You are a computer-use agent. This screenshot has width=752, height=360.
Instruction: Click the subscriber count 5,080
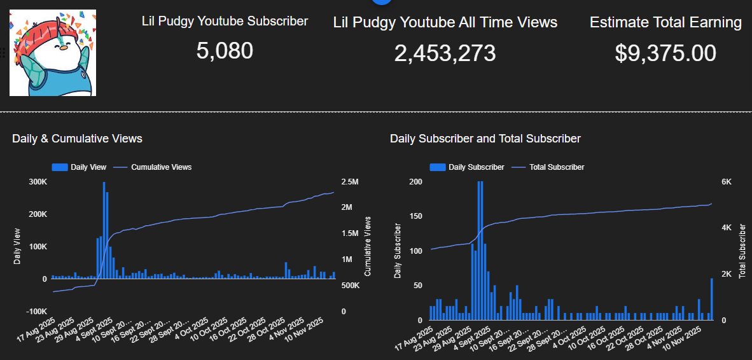pyautogui.click(x=225, y=51)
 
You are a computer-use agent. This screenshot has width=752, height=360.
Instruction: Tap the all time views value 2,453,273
pyautogui.click(x=445, y=53)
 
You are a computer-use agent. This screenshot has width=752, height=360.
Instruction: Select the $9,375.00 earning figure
pyautogui.click(x=665, y=53)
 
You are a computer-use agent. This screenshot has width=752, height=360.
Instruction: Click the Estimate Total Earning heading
pyautogui.click(x=665, y=23)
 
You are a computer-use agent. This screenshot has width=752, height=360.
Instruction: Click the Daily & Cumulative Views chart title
pyautogui.click(x=77, y=138)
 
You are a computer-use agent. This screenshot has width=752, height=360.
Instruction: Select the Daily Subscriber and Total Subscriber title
pyautogui.click(x=485, y=138)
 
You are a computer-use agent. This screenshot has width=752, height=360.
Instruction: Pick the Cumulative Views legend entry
pyautogui.click(x=161, y=167)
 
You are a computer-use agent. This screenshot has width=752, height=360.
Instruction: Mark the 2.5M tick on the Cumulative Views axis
pyautogui.click(x=350, y=182)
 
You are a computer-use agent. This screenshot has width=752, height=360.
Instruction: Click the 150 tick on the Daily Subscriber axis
pyautogui.click(x=417, y=216)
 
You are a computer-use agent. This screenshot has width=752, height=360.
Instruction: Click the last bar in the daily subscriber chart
pyautogui.click(x=712, y=299)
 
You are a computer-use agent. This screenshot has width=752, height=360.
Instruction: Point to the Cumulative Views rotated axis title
pyautogui.click(x=368, y=246)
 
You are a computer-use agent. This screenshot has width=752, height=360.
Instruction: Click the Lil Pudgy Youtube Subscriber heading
pyautogui.click(x=225, y=21)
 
